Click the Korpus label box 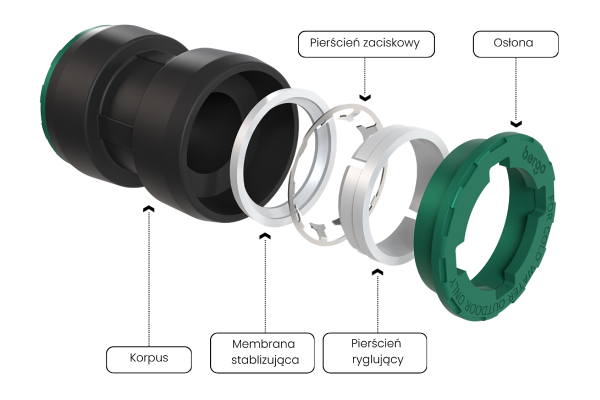148,358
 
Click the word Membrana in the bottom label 263,344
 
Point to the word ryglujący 374,359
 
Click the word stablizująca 265,360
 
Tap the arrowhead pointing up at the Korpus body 148,208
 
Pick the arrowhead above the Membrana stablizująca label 265,235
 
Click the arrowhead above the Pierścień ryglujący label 378,271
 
